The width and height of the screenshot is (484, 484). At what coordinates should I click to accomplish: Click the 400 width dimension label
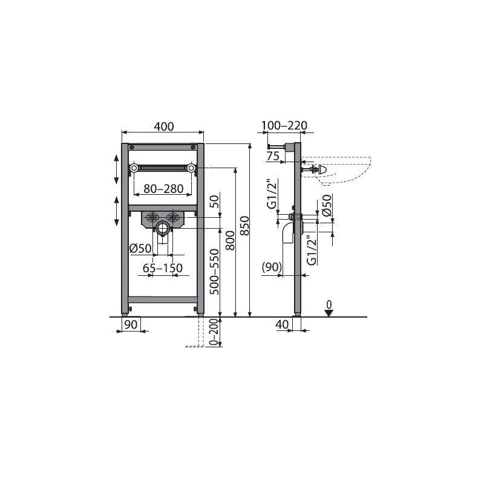(164, 126)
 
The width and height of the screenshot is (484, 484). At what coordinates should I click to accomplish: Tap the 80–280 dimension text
(163, 189)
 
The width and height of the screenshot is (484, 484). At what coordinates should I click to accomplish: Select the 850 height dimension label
(244, 226)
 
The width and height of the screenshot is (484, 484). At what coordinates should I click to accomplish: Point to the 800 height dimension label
(230, 240)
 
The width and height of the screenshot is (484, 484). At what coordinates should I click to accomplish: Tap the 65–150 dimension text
(163, 268)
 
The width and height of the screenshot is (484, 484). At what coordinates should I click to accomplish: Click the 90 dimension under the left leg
(131, 324)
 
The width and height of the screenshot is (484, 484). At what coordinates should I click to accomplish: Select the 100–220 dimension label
(284, 126)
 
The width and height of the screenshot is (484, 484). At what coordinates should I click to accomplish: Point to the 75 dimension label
(273, 156)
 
